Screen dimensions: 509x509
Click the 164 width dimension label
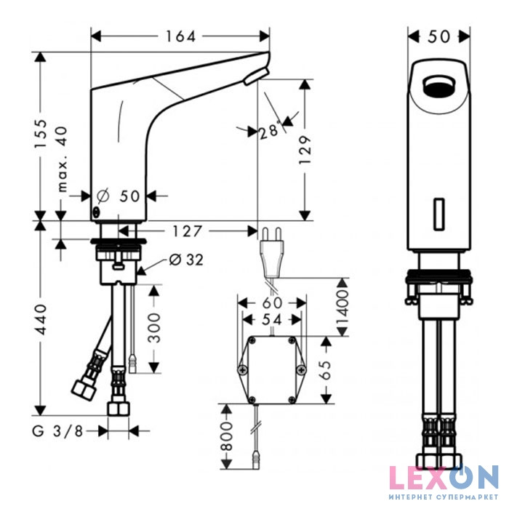tap(181, 36)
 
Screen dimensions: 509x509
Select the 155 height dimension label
tap(41, 134)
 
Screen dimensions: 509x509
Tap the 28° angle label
tap(270, 130)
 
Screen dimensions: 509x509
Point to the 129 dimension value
tap(305, 151)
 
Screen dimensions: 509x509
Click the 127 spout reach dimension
tap(188, 231)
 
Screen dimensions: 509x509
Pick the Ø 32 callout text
tap(186, 260)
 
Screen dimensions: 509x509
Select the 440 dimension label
tap(41, 319)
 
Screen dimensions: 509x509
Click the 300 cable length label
tap(154, 328)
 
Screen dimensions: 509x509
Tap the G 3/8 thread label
tap(57, 431)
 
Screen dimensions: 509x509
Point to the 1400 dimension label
tap(342, 307)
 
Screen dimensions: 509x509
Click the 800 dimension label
tap(227, 436)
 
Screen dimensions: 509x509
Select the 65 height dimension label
tap(325, 370)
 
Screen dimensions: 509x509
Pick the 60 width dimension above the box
tap(272, 303)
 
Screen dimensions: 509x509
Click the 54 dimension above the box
tap(272, 320)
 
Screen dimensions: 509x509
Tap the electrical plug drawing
tap(271, 252)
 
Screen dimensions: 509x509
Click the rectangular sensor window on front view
tap(439, 215)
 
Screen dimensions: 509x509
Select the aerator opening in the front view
tap(439, 87)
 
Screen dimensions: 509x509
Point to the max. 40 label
tap(62, 159)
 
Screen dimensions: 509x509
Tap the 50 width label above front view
tap(439, 36)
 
